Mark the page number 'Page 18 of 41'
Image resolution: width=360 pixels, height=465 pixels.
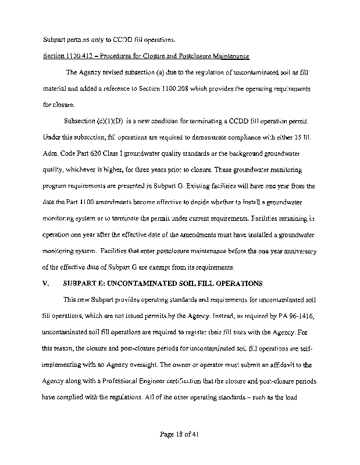pos(180,434)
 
